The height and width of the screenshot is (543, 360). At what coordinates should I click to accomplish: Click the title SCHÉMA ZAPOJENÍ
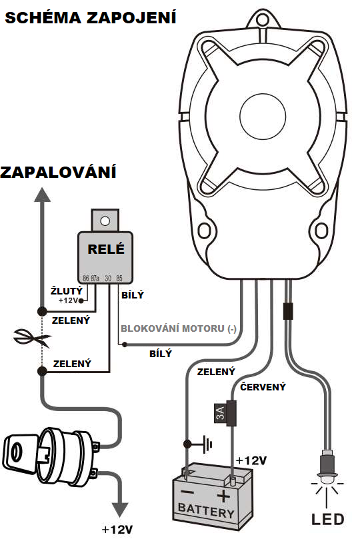click(x=91, y=17)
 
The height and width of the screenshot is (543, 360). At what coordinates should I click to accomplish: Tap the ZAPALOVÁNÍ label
click(x=58, y=172)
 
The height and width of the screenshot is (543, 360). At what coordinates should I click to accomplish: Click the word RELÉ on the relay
click(x=106, y=249)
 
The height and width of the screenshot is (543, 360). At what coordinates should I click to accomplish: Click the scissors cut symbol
click(x=32, y=338)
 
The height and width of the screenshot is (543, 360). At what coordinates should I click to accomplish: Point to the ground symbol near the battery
click(x=207, y=444)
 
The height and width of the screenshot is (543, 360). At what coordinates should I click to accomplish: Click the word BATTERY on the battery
click(x=206, y=510)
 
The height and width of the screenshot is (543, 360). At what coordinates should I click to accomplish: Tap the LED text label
click(x=327, y=519)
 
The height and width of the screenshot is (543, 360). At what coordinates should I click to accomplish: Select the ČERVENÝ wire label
click(x=263, y=387)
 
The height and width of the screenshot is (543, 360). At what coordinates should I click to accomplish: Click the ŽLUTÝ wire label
click(x=67, y=290)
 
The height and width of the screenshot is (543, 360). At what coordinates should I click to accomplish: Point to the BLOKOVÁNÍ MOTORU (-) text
click(x=179, y=328)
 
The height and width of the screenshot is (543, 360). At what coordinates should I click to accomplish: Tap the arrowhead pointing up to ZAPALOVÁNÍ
click(x=42, y=195)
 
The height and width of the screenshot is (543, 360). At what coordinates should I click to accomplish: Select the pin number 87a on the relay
click(x=95, y=278)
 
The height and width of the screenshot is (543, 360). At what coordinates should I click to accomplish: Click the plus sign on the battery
click(x=223, y=496)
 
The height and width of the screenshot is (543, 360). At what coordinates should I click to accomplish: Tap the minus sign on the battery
click(x=187, y=492)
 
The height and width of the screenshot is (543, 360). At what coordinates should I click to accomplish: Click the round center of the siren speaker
click(x=263, y=117)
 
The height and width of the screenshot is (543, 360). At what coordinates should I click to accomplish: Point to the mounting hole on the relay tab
click(x=105, y=221)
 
